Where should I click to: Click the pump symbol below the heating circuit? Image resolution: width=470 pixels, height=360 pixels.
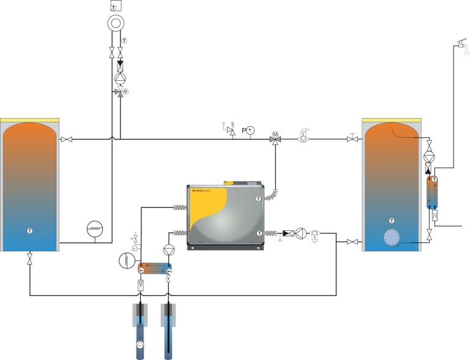coord(120,78)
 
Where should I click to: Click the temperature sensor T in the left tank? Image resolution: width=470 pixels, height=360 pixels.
coord(29,230)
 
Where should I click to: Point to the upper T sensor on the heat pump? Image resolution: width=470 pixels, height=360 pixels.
coord(258,198)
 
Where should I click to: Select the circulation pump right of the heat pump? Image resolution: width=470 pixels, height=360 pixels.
coord(300,233)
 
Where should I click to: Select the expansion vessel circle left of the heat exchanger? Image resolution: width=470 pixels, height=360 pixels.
coord(126,260)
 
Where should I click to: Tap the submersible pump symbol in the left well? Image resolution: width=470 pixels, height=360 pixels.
coord(141,345)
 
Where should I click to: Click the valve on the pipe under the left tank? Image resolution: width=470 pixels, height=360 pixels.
coord(29,260)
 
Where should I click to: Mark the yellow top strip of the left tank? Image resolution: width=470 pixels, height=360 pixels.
coord(29,120)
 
